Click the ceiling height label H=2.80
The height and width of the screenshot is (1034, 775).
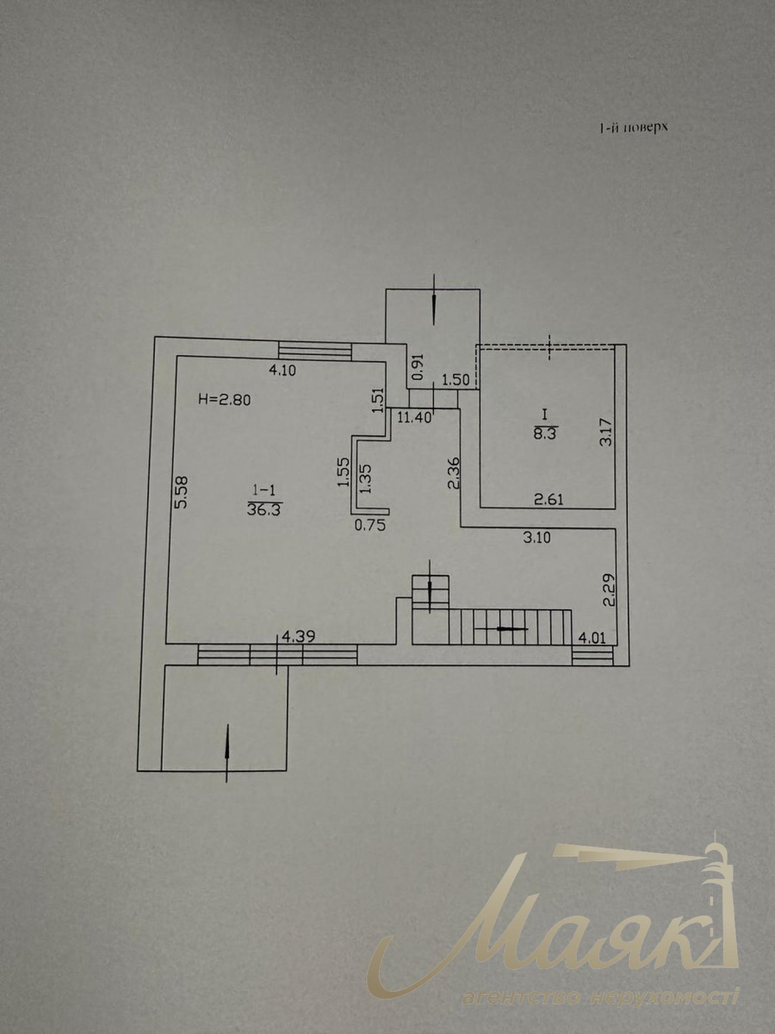[224, 399]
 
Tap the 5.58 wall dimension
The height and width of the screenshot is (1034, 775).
[181, 492]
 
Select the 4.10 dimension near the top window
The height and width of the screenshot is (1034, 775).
[282, 371]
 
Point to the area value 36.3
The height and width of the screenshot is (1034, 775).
[264, 510]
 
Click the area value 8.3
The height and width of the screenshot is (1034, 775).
[545, 434]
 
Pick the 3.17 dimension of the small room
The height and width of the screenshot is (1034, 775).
[607, 432]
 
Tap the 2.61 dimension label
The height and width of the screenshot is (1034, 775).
[549, 499]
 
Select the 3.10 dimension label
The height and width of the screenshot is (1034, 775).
[537, 537]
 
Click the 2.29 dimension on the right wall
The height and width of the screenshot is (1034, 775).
[609, 590]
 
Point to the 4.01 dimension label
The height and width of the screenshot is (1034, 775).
[592, 638]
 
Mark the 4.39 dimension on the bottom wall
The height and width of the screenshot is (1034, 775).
[298, 637]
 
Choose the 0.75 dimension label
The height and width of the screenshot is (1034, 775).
[370, 525]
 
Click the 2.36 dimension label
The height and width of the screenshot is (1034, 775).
[453, 473]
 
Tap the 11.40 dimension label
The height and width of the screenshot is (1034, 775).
[415, 418]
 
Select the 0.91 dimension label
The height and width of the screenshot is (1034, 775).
[418, 367]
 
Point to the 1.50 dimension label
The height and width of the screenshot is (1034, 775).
[456, 380]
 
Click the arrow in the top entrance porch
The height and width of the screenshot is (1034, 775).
[434, 300]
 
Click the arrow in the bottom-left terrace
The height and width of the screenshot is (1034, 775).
[227, 753]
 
